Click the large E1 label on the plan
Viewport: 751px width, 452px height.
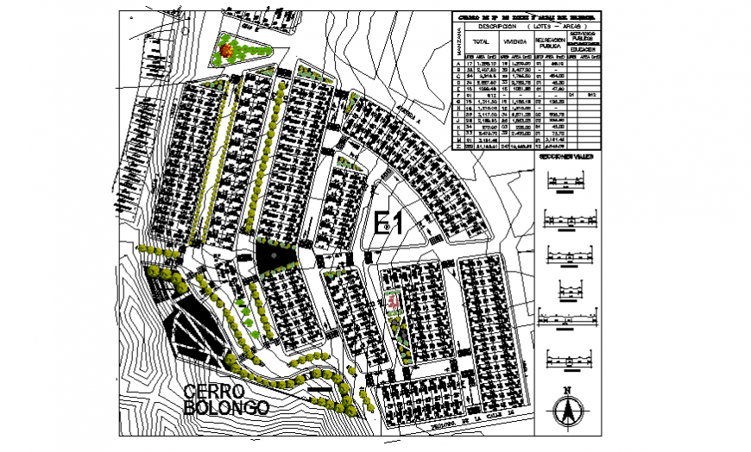click(x=389, y=223)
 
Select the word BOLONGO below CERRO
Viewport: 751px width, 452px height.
click(x=227, y=407)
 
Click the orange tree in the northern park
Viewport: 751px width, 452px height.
click(x=226, y=52)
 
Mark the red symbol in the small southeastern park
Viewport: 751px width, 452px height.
click(x=393, y=301)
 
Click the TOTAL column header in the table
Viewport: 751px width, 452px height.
click(x=481, y=41)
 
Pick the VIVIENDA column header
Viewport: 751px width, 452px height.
click(x=514, y=41)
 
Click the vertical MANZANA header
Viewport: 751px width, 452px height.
click(x=458, y=41)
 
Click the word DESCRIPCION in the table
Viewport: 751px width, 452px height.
click(x=497, y=25)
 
